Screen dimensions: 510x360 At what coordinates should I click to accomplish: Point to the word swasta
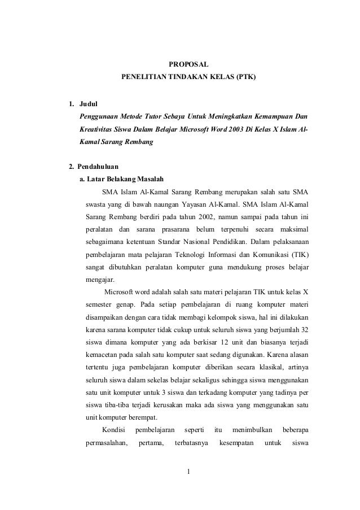coord(96,204)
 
